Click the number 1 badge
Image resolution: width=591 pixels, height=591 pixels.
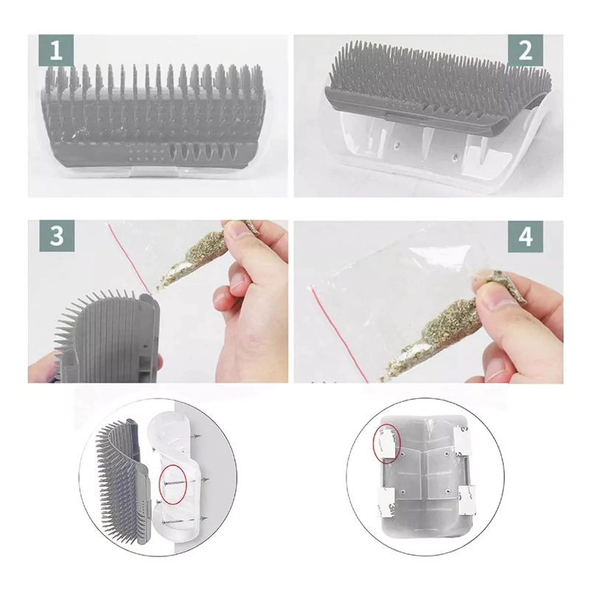click(56, 50)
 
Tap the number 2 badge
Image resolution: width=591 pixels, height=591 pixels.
click(525, 50)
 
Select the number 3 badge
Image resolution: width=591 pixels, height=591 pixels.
click(57, 236)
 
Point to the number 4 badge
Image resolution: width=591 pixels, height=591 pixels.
click(525, 236)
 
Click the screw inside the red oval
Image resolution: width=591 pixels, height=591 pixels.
click(174, 484)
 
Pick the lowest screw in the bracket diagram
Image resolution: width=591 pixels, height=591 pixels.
click(174, 522)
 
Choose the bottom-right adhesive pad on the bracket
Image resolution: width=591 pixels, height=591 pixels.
click(467, 500)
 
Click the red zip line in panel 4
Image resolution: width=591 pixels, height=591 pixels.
click(339, 335)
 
